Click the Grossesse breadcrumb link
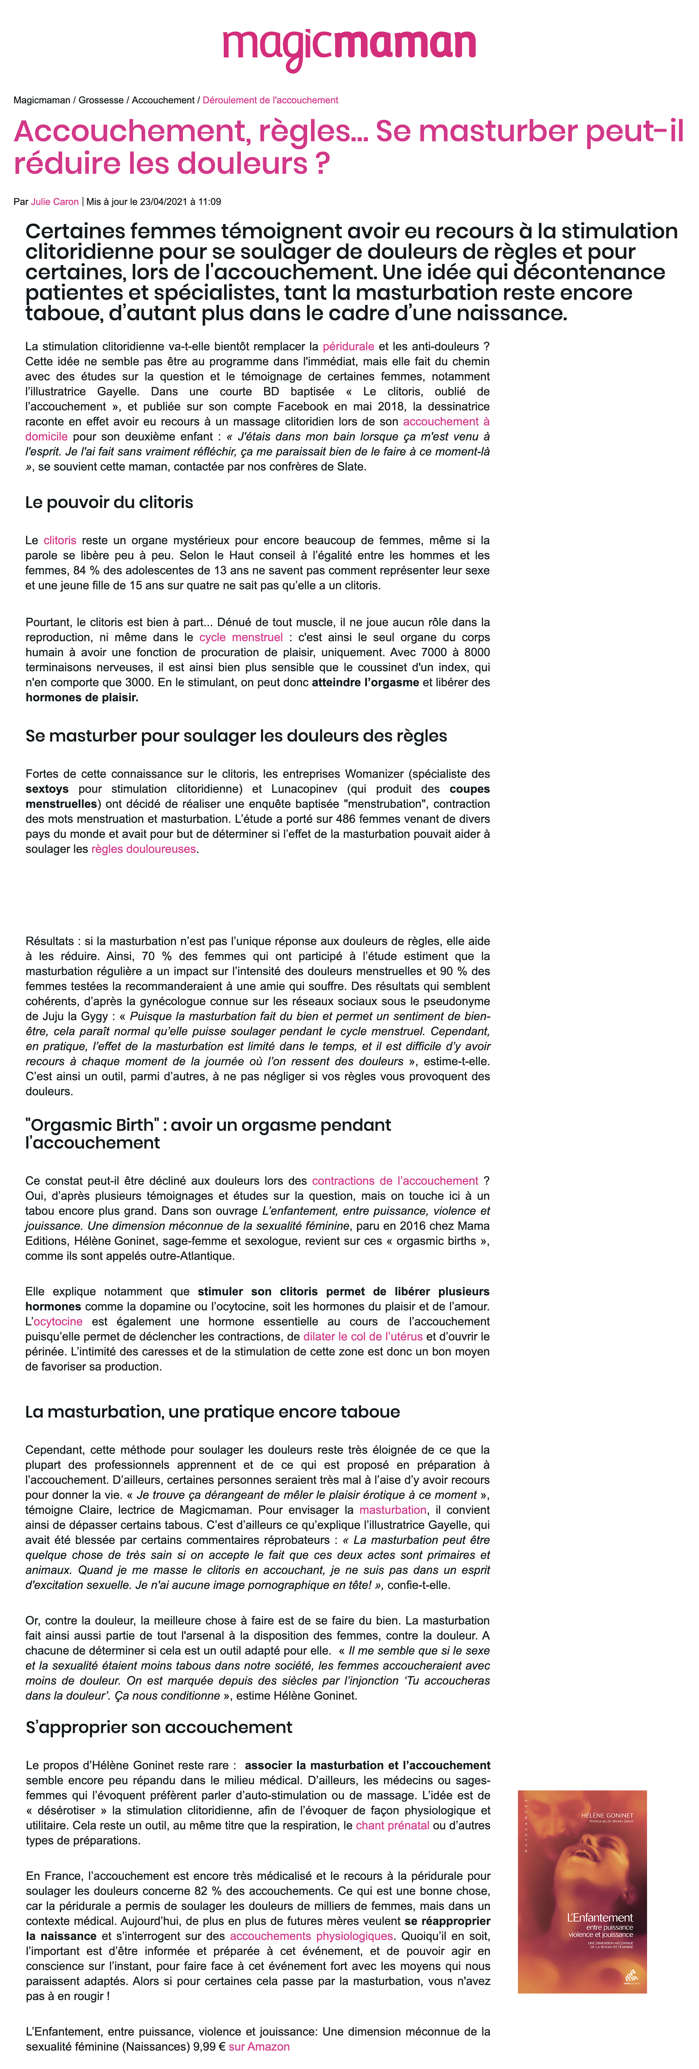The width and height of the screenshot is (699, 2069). [101, 100]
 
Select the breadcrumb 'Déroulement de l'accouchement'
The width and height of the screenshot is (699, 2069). [270, 100]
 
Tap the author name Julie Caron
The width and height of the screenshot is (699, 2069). [55, 201]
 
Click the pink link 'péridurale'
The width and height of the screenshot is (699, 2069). [348, 346]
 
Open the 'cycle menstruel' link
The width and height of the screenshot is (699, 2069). [241, 637]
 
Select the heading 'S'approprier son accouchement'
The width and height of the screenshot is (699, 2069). [159, 1727]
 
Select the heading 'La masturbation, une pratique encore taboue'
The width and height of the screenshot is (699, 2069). [212, 1412]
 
